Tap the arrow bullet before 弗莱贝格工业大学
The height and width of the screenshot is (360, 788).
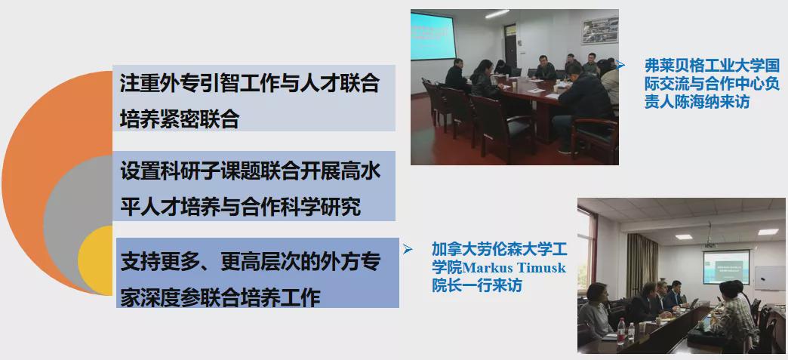(621, 65)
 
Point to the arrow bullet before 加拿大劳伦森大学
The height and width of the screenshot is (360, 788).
(408, 249)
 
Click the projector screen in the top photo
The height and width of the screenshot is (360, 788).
(433, 35)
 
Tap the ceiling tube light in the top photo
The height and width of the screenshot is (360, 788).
(497, 14)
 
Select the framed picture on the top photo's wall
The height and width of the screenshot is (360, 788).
(600, 30)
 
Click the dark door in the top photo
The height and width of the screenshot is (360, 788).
(510, 46)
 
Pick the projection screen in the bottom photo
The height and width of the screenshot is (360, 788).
(726, 267)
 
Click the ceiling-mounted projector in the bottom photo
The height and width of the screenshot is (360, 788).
(710, 245)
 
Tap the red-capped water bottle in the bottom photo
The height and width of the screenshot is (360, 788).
(621, 330)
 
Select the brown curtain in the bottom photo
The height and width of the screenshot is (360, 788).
(642, 266)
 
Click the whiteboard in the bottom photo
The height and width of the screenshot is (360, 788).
(769, 278)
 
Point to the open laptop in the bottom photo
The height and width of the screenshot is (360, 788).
(694, 303)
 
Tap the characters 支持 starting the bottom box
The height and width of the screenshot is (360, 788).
(136, 261)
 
